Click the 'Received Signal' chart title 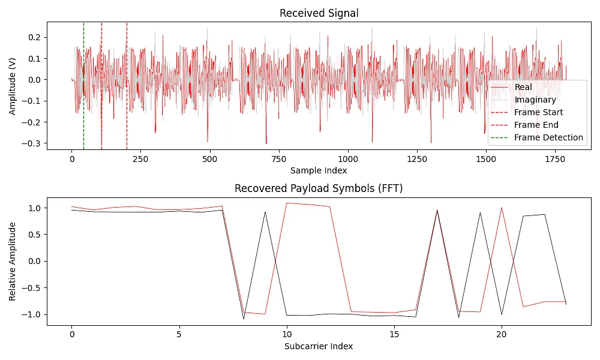[319, 13]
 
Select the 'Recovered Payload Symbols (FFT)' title [319, 188]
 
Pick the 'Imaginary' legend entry [535, 100]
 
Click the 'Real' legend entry [523, 87]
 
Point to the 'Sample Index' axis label [319, 170]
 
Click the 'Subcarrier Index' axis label [319, 346]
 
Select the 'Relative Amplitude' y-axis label [13, 261]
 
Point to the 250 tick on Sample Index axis [141, 160]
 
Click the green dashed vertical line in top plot [83, 84]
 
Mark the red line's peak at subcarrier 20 [502, 208]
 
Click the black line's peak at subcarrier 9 [265, 212]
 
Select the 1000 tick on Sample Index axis [348, 160]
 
